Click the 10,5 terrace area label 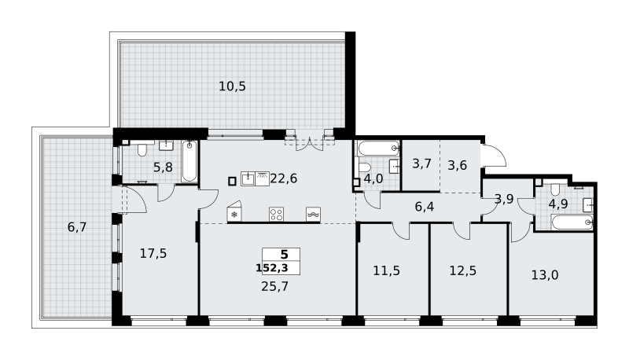click(x=232, y=86)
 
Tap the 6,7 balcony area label click(x=77, y=227)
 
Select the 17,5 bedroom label click(x=153, y=253)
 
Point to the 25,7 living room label click(x=274, y=286)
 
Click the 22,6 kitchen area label click(x=284, y=178)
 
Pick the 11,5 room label click(x=386, y=270)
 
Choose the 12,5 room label click(x=463, y=270)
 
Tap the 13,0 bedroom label click(x=545, y=275)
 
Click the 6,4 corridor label click(x=425, y=207)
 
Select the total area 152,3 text click(x=272, y=268)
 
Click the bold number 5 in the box click(x=284, y=255)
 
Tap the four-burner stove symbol click(x=277, y=215)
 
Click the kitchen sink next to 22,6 click(x=248, y=178)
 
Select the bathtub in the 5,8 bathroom click(x=189, y=161)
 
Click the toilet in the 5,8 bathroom click(x=142, y=149)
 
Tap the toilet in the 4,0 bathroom click(x=365, y=167)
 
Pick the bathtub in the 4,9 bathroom click(x=572, y=222)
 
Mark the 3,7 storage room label click(x=421, y=163)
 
